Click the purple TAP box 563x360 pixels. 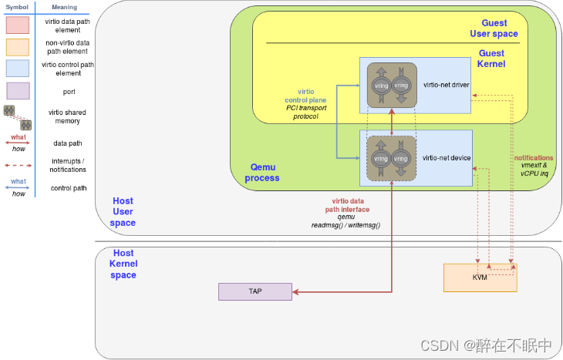point(255,291)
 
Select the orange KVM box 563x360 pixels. point(480,278)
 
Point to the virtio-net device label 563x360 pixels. point(447,158)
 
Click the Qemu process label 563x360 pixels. point(262,172)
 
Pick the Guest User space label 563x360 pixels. point(494,29)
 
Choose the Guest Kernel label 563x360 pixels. point(491,59)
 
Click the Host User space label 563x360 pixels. point(123,212)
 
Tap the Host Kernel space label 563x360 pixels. point(123,264)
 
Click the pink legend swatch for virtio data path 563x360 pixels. point(17,25)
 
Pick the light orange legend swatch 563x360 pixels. point(17,47)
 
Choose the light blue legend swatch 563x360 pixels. point(17,69)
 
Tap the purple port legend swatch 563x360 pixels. point(17,91)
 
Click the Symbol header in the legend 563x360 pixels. point(17,7)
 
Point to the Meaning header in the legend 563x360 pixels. point(64,7)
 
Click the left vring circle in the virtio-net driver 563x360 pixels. point(380,86)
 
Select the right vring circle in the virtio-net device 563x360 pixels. point(400,159)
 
